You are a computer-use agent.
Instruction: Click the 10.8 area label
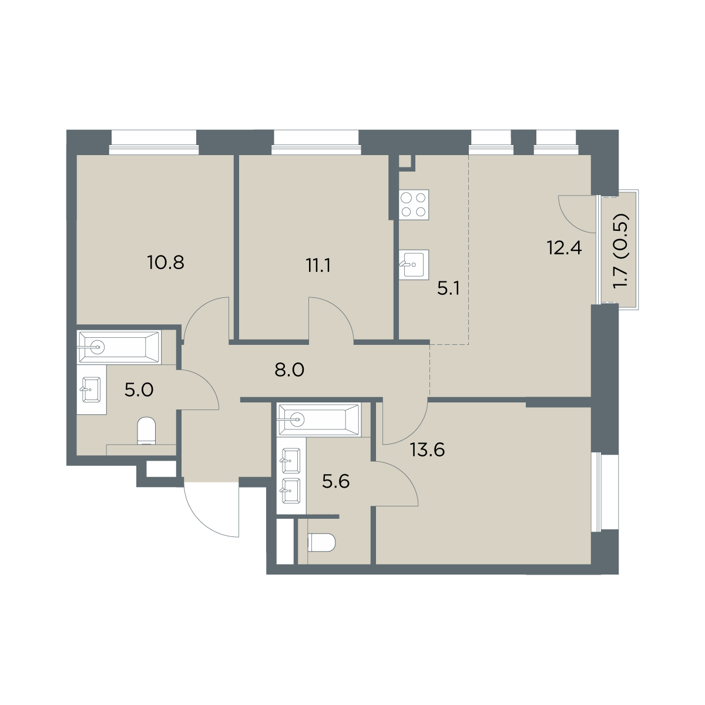click(x=166, y=263)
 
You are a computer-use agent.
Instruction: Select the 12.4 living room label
click(x=565, y=248)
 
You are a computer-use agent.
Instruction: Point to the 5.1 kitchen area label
click(x=448, y=288)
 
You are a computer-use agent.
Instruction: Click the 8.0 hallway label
click(x=290, y=370)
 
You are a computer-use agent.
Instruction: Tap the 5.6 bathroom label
click(x=336, y=482)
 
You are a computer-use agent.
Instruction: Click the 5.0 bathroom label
click(x=139, y=390)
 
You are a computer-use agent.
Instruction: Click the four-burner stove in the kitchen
click(x=414, y=204)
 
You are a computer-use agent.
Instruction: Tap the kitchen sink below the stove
click(x=414, y=265)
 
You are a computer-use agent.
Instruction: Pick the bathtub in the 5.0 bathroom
click(x=120, y=347)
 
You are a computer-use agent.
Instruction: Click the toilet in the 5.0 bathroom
click(x=147, y=431)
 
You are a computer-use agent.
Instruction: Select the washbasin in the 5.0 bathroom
click(x=91, y=390)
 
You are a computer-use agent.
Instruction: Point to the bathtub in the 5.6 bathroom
click(x=319, y=419)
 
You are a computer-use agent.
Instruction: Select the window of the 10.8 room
click(x=154, y=143)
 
